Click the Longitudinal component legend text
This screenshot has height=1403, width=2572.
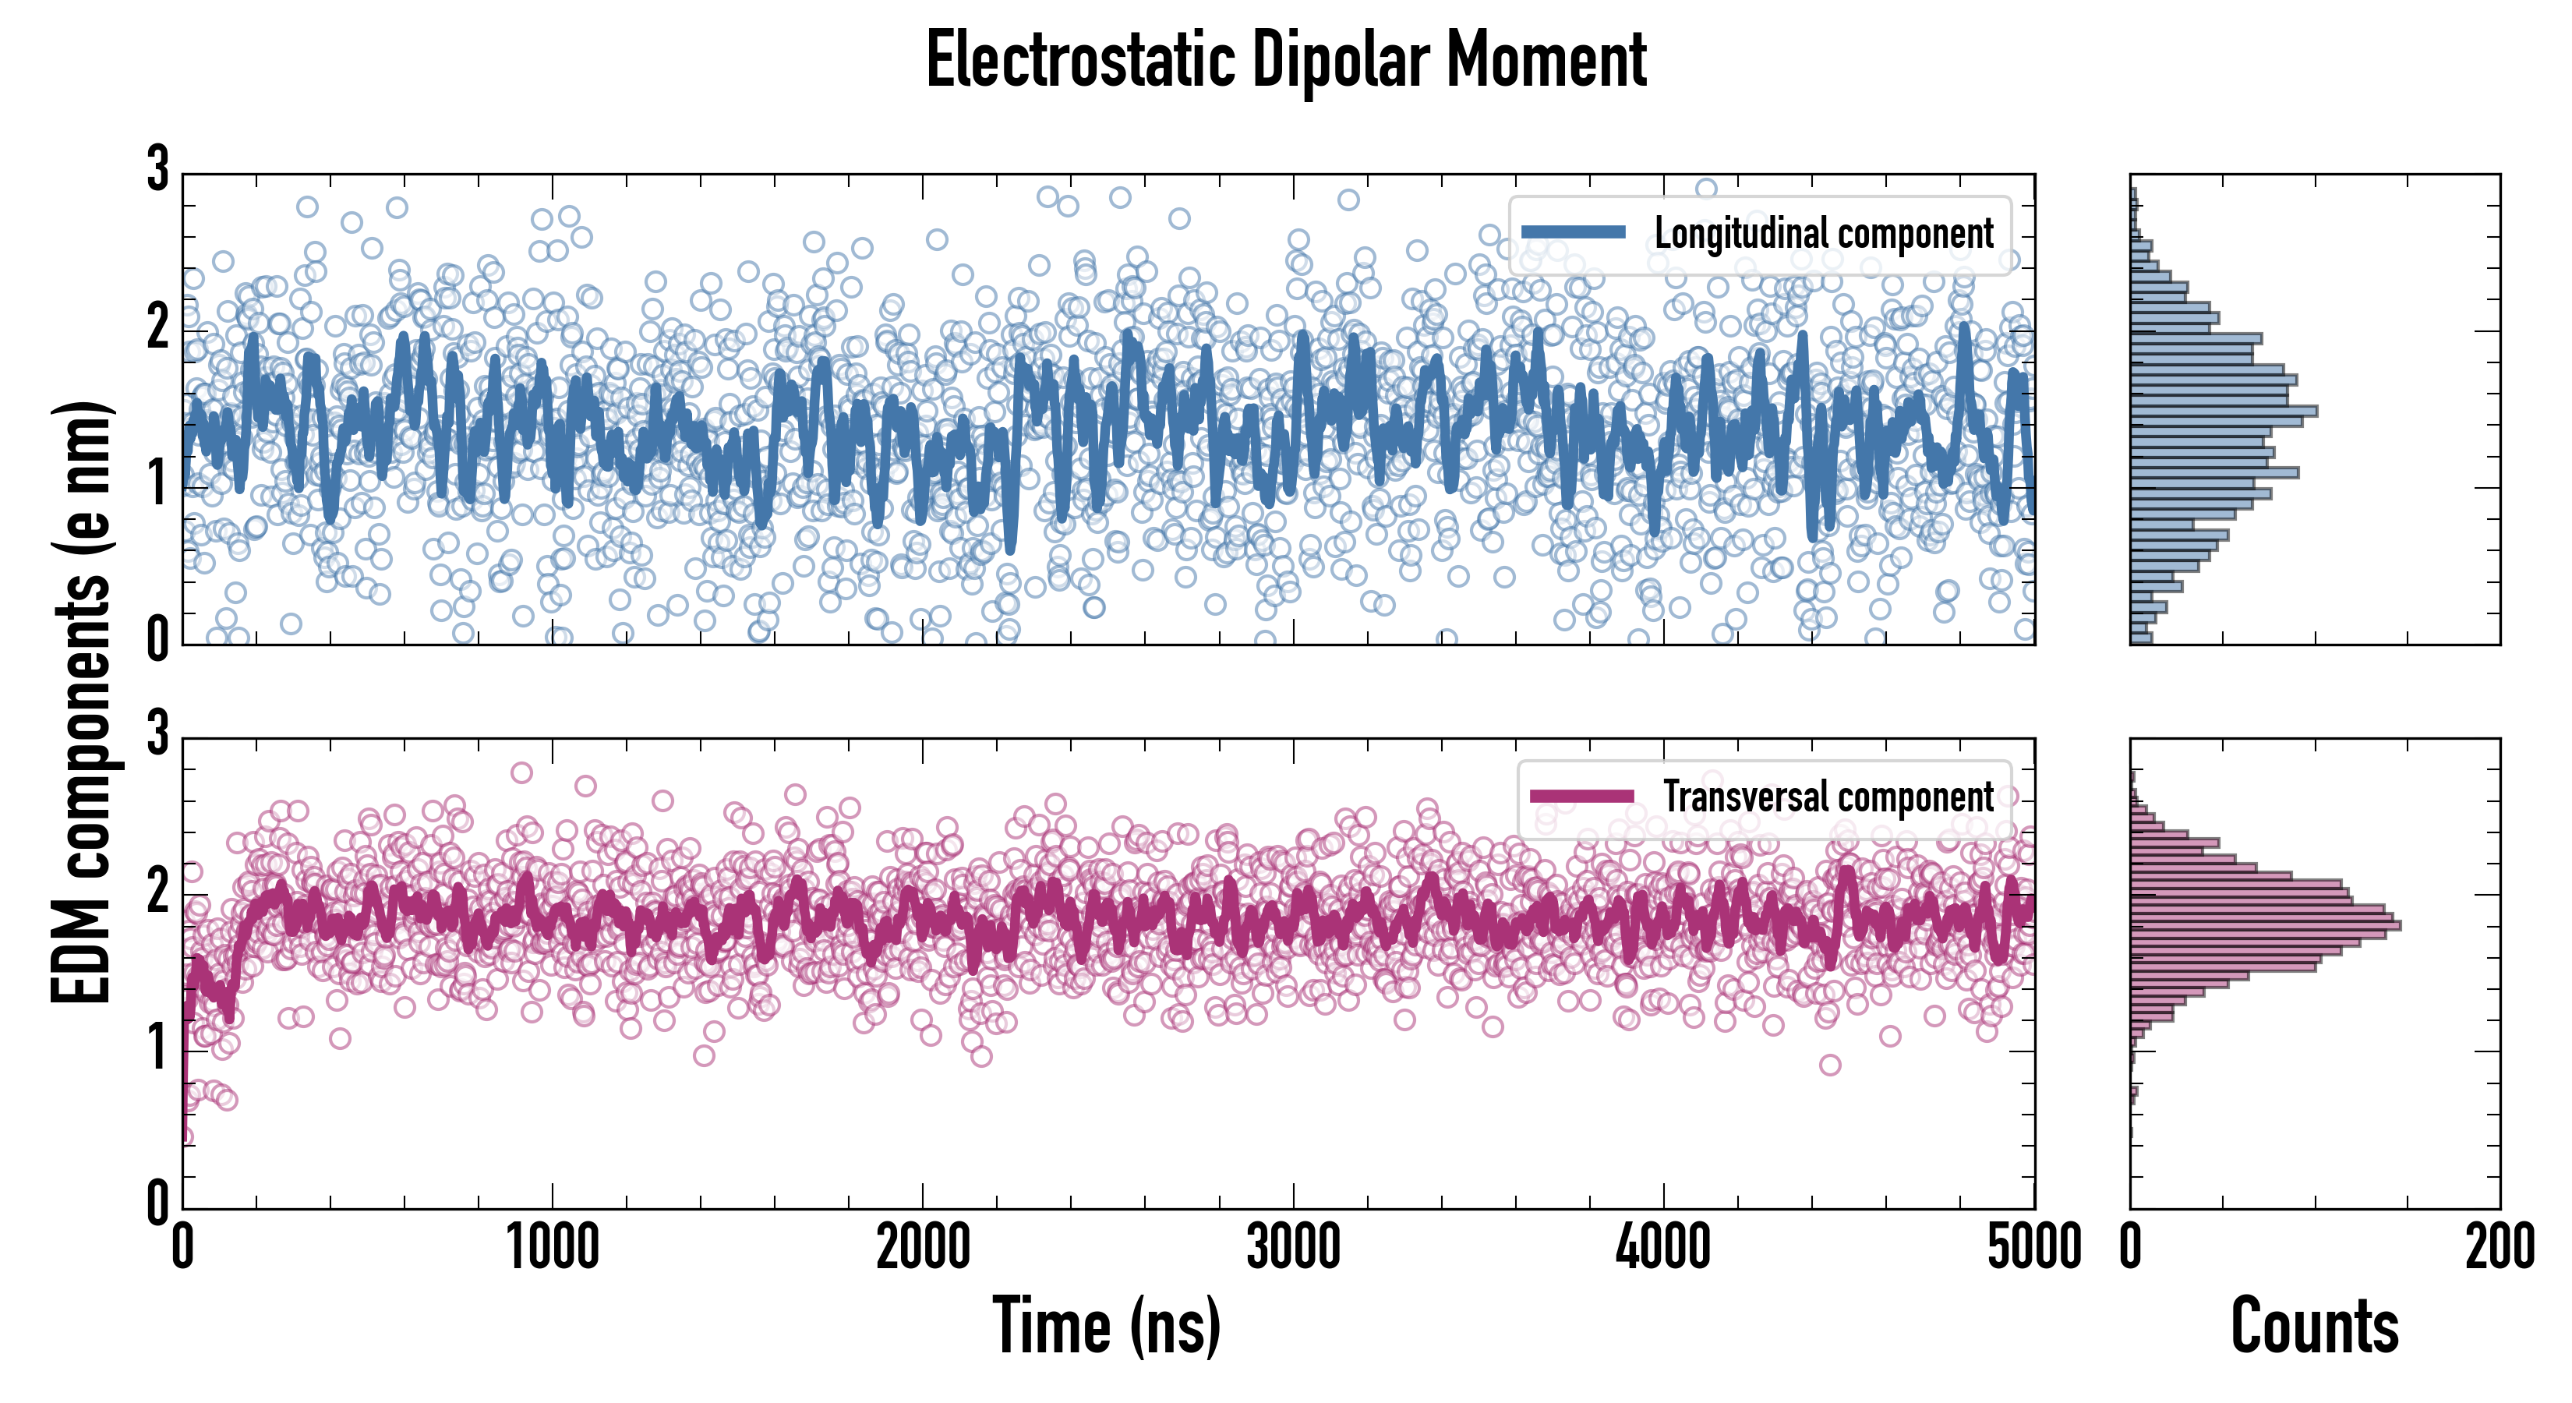point(1823,234)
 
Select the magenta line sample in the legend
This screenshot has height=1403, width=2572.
point(1581,796)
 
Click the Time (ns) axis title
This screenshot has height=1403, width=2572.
point(1106,1326)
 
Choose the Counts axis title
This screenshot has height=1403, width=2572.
point(2314,1326)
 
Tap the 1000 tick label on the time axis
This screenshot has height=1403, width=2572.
point(552,1248)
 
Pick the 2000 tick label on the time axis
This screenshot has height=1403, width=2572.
point(923,1248)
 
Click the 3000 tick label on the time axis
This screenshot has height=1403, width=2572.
point(1293,1248)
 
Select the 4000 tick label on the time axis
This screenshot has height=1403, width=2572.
point(1663,1248)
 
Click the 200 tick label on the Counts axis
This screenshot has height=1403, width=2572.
point(2499,1248)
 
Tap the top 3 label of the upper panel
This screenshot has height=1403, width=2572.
point(157,170)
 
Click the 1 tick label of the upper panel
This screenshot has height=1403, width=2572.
point(157,486)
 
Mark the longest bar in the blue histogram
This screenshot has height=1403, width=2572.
point(2224,412)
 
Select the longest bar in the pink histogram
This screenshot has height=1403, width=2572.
point(2264,926)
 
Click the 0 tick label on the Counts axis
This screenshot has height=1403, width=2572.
point(2131,1248)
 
